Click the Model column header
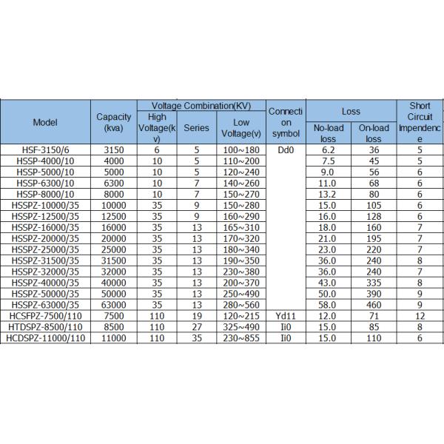(x=46, y=122)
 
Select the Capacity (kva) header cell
(x=114, y=122)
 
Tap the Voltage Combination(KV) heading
(x=201, y=107)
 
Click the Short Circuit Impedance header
(x=419, y=122)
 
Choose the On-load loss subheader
(x=374, y=133)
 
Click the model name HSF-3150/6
(x=46, y=149)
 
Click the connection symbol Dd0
(x=286, y=149)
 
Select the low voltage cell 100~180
(x=241, y=149)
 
